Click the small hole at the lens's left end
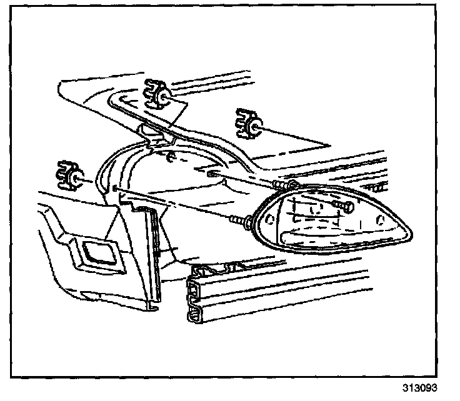[271, 219]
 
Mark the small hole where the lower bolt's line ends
[116, 187]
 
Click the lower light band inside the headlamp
[331, 235]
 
